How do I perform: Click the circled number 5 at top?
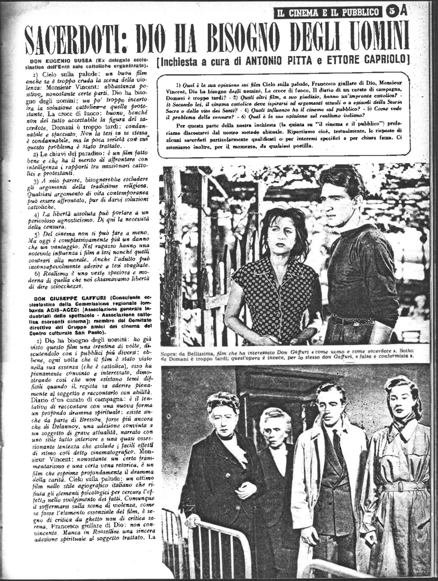[x=391, y=10]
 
